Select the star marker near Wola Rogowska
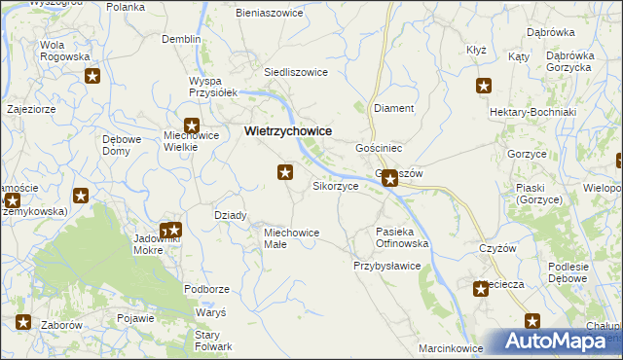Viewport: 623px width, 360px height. point(93,77)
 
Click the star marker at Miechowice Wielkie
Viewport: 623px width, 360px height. point(192,126)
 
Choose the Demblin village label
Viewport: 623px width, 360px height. point(181,39)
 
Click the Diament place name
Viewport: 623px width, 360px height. point(394,109)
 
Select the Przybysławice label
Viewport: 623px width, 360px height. point(386,265)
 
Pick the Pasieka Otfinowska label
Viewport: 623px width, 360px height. point(402,237)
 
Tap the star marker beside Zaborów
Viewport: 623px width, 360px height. point(23,323)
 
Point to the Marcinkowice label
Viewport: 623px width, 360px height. point(451,347)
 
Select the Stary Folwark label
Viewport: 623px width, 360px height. point(212,341)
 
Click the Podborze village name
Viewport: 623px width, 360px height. point(206,289)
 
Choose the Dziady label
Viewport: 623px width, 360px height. point(230,215)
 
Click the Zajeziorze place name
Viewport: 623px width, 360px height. point(31,109)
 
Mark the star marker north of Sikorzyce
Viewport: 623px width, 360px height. point(285,173)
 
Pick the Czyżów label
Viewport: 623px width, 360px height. point(496,248)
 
